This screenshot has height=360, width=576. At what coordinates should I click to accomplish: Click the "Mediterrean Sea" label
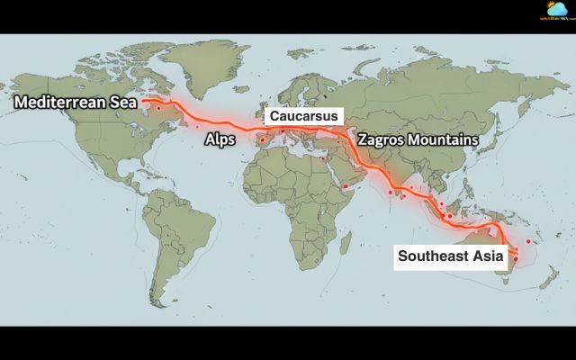pos(74,102)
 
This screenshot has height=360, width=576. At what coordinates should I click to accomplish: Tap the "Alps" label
pos(220,140)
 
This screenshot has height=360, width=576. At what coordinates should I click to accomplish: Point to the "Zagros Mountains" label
pos(417,140)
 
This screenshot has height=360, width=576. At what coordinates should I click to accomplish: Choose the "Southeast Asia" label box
pos(450,255)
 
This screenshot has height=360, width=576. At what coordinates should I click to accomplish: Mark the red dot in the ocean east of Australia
pos(528,241)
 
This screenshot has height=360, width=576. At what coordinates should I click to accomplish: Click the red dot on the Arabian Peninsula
pos(345,186)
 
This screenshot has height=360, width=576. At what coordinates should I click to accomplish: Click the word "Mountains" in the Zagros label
pos(442,140)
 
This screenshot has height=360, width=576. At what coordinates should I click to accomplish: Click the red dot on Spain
pos(262,139)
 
